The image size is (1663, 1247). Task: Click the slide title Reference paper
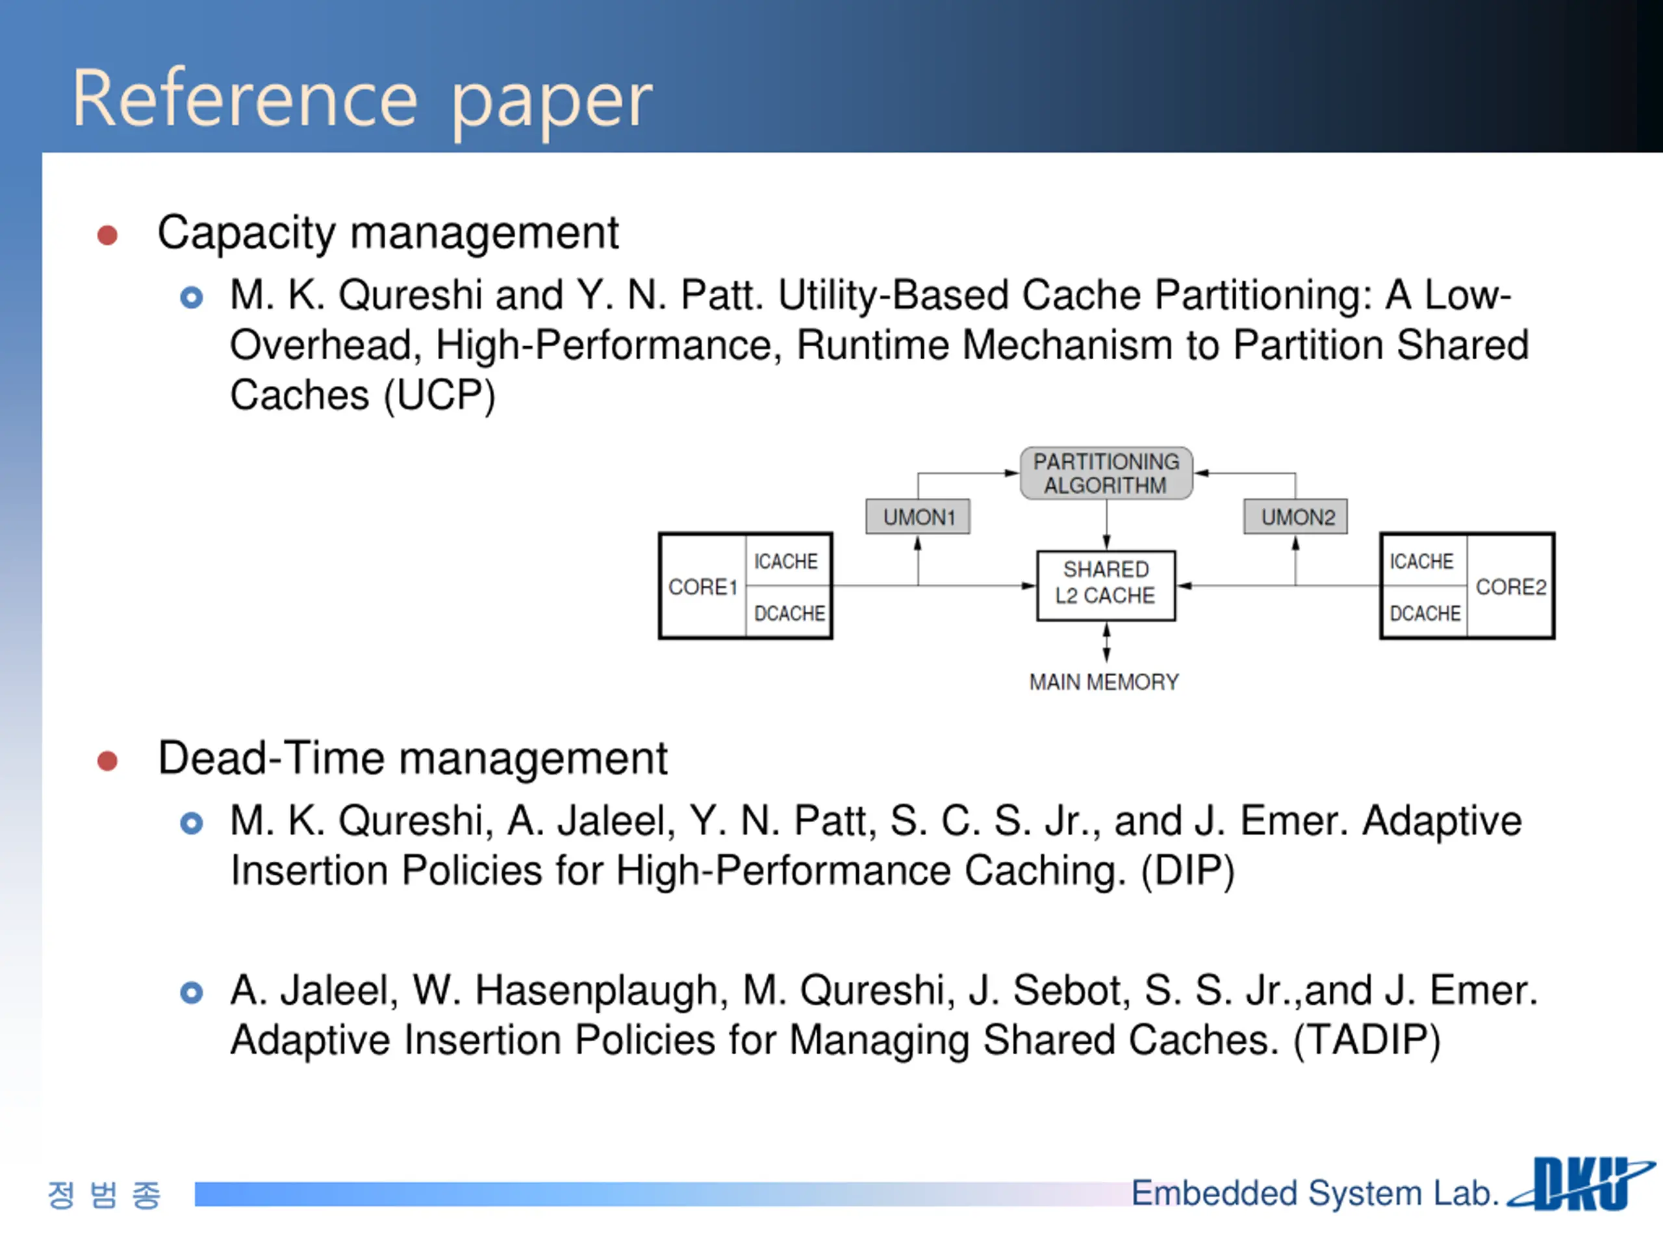[362, 99]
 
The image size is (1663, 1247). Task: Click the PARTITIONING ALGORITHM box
[1106, 473]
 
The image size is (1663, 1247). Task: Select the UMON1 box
[918, 517]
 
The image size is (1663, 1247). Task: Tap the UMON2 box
[1296, 517]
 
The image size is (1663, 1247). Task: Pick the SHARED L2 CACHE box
[1106, 583]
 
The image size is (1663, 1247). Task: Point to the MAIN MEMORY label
[1104, 683]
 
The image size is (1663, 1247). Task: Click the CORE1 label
[702, 587]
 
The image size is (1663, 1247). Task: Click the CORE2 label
[1510, 587]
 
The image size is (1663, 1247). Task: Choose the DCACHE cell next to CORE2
[1425, 613]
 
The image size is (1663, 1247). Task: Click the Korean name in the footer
[104, 1194]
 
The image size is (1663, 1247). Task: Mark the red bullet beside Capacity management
[107, 236]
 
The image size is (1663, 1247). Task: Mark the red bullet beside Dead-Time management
[107, 761]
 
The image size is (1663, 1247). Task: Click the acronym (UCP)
[439, 396]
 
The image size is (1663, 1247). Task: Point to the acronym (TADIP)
[1366, 1041]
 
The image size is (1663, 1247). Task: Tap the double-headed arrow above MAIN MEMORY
[1106, 644]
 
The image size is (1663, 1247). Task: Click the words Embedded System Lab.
[1314, 1194]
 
